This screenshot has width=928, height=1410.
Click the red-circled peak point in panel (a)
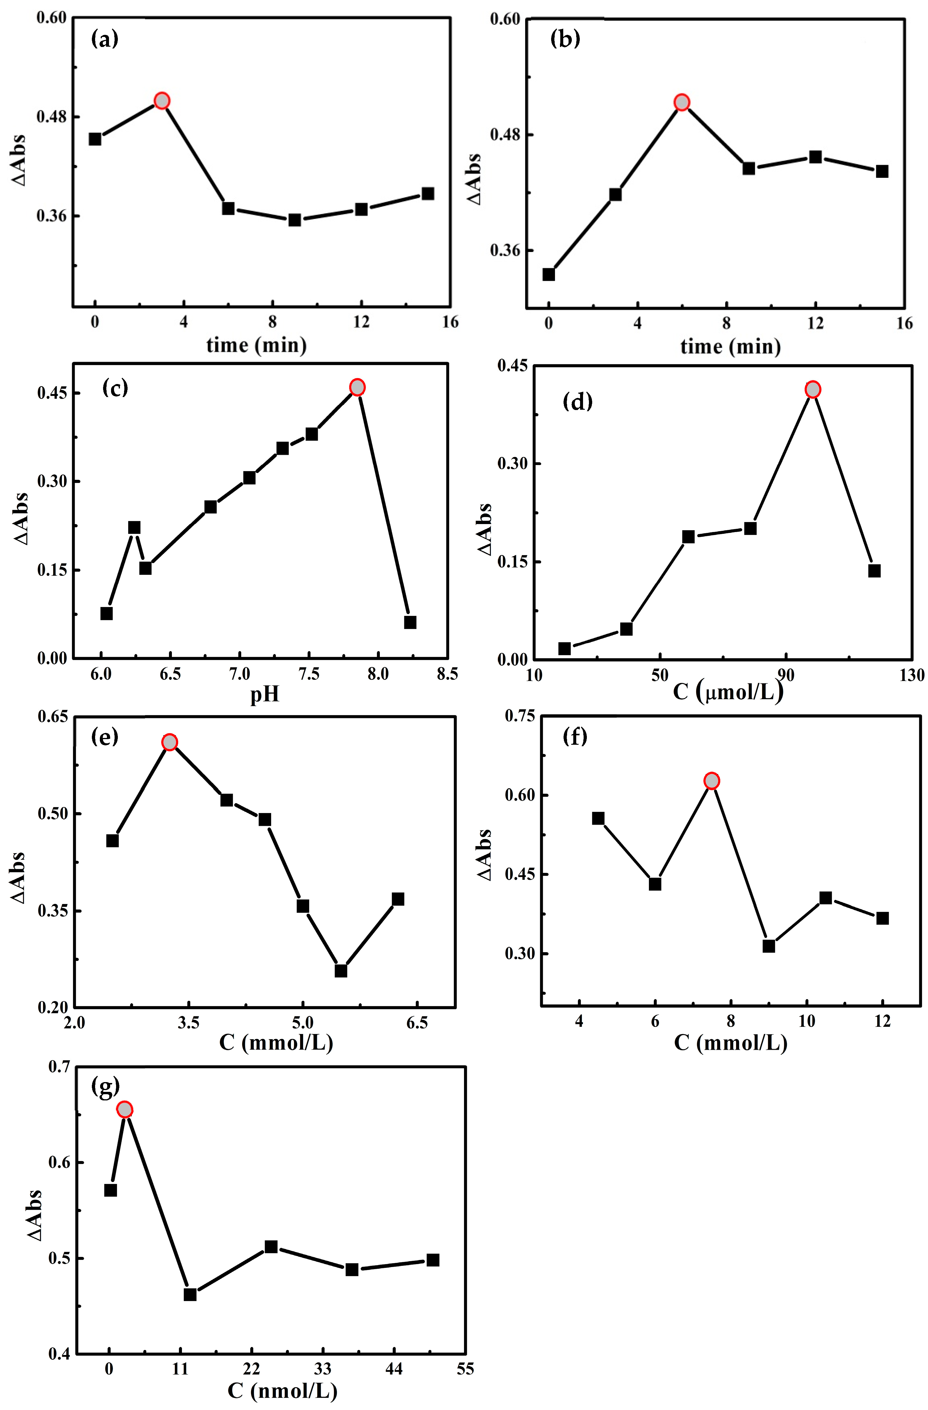(x=162, y=101)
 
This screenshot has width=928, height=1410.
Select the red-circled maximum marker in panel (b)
(x=682, y=103)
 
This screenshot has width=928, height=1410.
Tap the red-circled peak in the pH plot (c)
(x=357, y=388)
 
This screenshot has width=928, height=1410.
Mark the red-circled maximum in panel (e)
(x=169, y=742)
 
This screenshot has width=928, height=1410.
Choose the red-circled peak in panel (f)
(x=711, y=781)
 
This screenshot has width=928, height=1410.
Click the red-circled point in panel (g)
(x=124, y=1110)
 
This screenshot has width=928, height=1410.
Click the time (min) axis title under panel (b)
(x=730, y=346)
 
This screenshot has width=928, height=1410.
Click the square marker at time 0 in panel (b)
(x=548, y=274)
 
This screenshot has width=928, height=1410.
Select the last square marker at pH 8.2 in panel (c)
(x=410, y=622)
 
